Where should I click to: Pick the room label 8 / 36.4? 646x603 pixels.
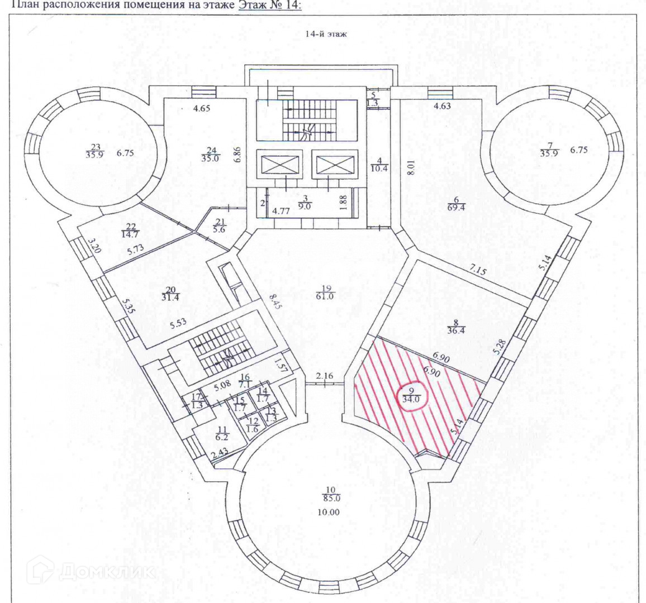point(453,326)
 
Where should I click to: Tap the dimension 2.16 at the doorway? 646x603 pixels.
point(324,377)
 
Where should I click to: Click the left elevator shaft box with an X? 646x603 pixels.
point(278,165)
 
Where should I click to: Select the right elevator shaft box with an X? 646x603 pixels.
point(334,165)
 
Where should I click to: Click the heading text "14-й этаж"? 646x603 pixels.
point(326,34)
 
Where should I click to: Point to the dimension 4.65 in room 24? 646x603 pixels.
point(201,108)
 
